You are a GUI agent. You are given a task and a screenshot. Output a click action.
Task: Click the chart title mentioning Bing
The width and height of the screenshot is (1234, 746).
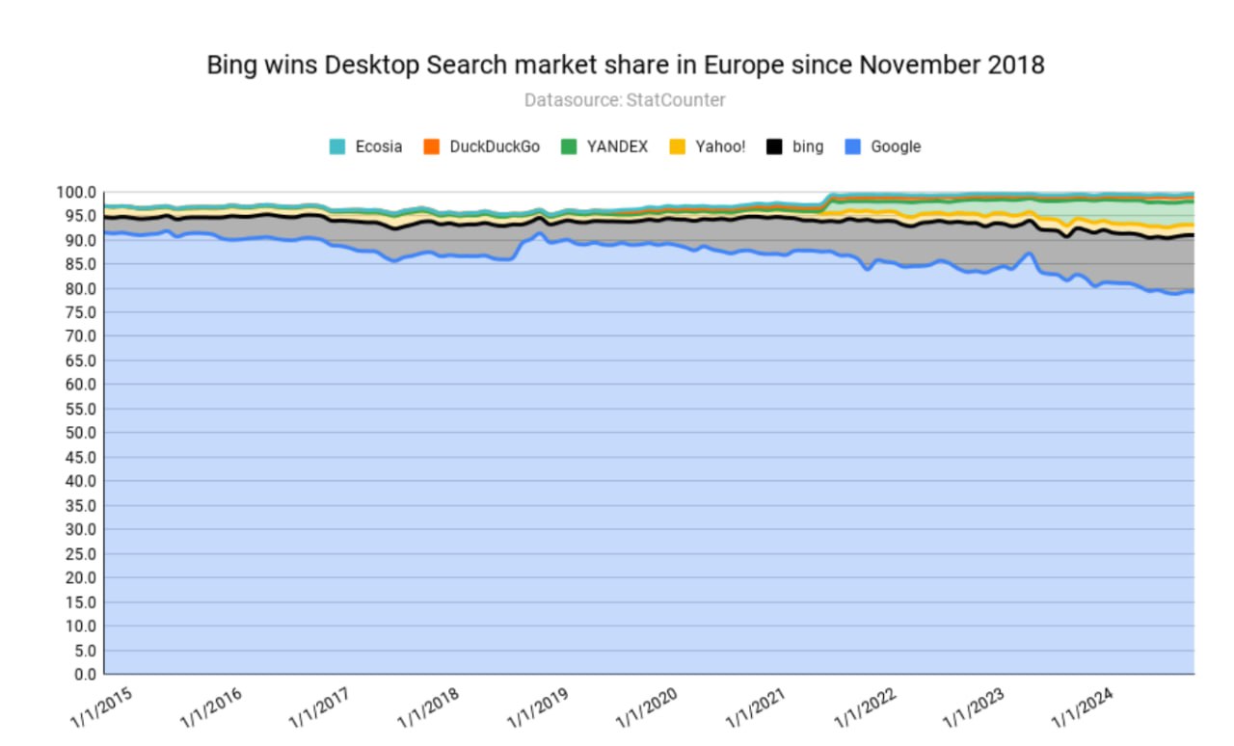(626, 66)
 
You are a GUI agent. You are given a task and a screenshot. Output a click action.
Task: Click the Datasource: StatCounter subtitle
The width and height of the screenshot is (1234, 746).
(625, 99)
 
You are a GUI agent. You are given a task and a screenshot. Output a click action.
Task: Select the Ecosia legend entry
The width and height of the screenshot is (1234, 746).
(365, 147)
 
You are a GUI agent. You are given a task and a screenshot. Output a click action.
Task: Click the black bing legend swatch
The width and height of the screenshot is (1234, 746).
(774, 147)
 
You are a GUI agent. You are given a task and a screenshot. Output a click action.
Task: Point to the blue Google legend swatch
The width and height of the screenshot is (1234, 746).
(852, 147)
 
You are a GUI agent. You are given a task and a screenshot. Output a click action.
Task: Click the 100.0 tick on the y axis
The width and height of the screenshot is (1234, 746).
(77, 192)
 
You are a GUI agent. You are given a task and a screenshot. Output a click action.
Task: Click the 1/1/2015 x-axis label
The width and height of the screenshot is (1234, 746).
(101, 707)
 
